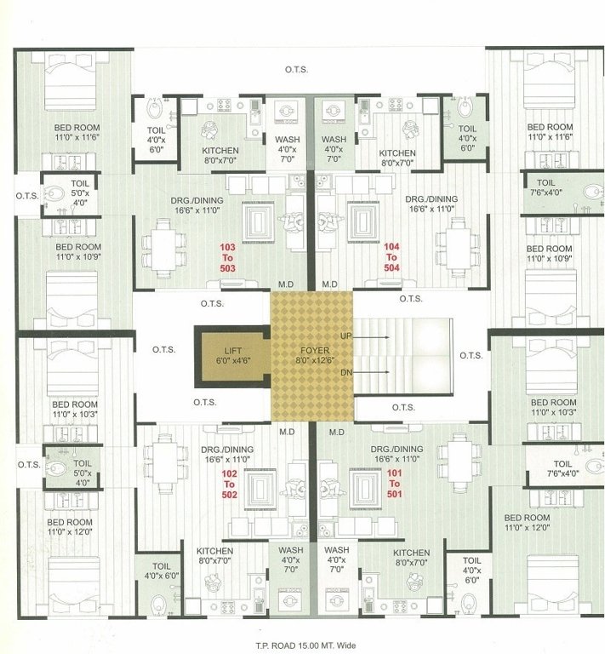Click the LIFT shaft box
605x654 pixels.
[231, 356]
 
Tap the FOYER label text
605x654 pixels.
[311, 351]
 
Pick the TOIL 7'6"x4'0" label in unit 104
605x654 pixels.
[545, 187]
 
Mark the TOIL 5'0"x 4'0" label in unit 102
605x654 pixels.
[83, 468]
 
